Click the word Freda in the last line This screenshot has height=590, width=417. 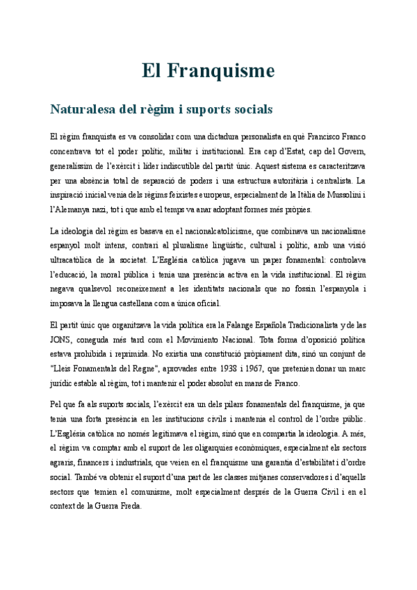pyautogui.click(x=129, y=506)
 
